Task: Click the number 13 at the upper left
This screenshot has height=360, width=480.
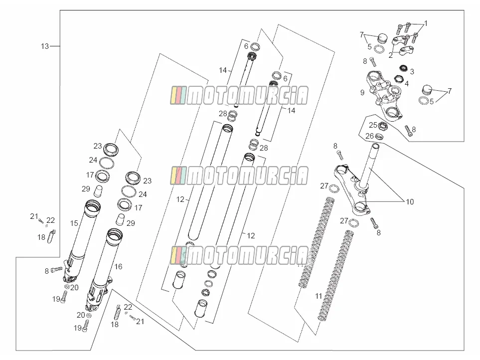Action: point(45,46)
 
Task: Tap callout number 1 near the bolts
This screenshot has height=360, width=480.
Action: point(426,23)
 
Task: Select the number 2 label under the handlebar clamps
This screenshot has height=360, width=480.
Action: point(391,56)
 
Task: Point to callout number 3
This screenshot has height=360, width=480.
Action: point(412,72)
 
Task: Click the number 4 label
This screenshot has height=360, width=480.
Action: point(407,83)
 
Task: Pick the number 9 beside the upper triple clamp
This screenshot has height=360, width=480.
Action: point(362,92)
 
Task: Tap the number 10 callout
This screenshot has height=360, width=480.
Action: point(410,202)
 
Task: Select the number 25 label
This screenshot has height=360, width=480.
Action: point(373,125)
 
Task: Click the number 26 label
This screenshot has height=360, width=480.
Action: point(370,136)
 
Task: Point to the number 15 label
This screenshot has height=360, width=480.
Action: point(74,223)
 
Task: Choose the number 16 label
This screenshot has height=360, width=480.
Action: point(118,267)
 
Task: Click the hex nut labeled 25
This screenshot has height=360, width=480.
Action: point(382,125)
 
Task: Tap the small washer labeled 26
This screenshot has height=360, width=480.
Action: point(379,137)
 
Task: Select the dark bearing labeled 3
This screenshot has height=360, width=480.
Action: point(403,68)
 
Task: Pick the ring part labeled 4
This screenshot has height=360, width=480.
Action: point(399,79)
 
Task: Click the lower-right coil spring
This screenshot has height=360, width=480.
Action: point(336,276)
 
